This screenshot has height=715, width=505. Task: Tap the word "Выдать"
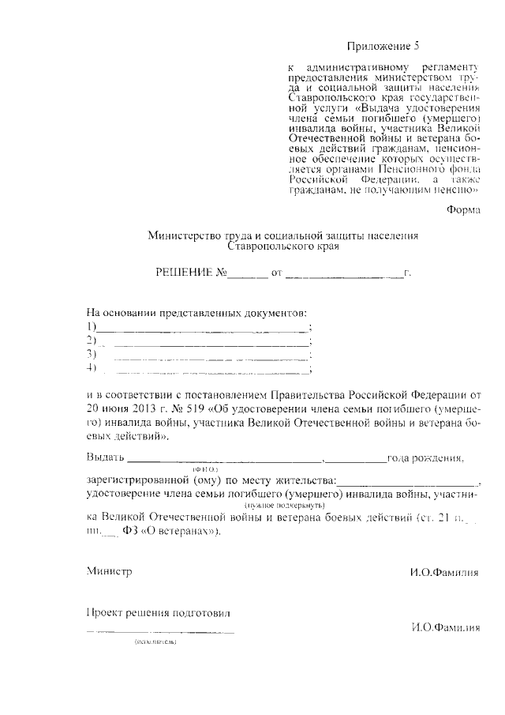105,458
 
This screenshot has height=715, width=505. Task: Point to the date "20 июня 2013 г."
125,409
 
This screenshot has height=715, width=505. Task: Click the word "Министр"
109,570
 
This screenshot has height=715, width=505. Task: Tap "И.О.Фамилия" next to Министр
444,572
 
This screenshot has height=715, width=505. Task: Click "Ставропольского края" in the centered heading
282,246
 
